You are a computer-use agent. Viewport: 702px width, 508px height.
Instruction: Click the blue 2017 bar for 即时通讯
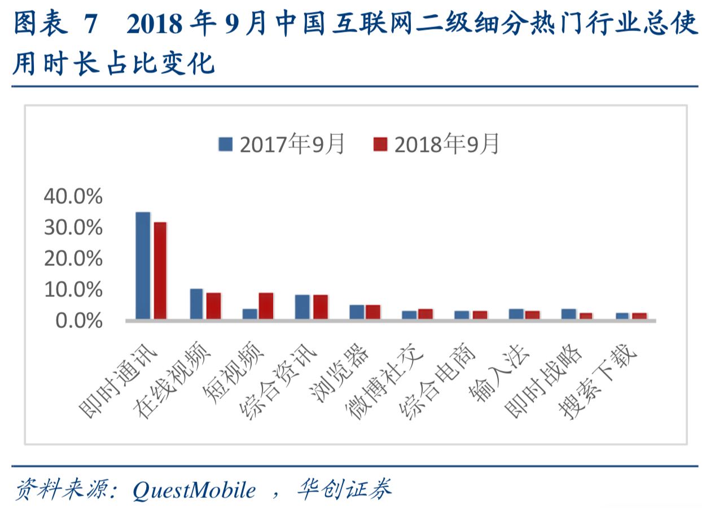pos(143,265)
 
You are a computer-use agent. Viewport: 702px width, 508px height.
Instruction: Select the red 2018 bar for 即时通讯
pos(160,270)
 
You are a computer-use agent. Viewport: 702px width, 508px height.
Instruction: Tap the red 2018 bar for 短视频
pos(266,306)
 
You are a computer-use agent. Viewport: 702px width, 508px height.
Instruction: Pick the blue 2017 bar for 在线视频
pos(196,304)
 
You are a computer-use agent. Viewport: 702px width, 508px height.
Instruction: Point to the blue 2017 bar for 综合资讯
pos(302,306)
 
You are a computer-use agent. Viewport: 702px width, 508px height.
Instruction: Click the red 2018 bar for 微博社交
pos(425,314)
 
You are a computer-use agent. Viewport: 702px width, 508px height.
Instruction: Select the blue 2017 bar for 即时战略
pos(569,314)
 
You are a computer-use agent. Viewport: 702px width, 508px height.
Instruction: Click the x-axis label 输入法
pos(499,373)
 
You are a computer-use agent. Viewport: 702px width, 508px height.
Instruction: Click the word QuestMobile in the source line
pos(194,489)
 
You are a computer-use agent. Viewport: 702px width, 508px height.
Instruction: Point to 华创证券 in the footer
pos(344,489)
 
